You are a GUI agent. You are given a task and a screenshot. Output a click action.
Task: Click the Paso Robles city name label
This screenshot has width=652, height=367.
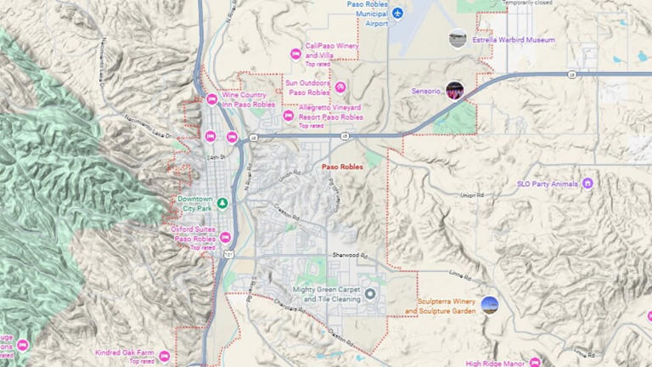(343, 167)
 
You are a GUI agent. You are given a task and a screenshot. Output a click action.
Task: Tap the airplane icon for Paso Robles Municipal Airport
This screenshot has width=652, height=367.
(397, 13)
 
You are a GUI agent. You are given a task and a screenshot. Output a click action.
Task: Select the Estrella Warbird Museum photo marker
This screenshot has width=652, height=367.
(458, 38)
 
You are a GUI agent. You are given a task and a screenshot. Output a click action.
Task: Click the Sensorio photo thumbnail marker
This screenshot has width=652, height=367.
(455, 90)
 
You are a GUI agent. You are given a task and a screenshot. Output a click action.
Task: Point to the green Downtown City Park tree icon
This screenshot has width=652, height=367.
(222, 203)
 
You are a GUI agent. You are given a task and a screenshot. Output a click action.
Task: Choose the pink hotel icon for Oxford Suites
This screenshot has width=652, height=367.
(226, 238)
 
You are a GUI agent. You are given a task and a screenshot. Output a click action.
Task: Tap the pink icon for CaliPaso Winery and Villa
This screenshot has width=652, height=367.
(295, 54)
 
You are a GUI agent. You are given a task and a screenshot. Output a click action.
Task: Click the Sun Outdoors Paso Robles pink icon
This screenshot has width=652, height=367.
(340, 87)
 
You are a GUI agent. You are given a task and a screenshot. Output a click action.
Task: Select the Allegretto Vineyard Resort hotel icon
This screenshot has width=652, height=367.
(288, 115)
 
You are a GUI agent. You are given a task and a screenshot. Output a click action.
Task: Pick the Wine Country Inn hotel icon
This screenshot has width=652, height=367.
(211, 99)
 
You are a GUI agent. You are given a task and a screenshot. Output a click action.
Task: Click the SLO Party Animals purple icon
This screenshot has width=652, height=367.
(587, 183)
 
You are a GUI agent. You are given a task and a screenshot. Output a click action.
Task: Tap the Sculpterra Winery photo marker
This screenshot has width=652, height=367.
(489, 304)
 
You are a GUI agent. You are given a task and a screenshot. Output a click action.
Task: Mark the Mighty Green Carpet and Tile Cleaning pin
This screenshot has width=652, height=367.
(370, 294)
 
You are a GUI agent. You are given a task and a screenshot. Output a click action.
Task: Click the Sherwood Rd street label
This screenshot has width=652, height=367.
(349, 255)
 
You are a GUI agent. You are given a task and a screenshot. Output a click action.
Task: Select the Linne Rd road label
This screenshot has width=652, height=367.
(485, 274)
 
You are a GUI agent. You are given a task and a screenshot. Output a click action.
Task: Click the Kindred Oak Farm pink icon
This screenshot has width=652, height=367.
(165, 356)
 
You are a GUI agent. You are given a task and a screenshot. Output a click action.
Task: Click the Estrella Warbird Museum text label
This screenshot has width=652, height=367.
(514, 40)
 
